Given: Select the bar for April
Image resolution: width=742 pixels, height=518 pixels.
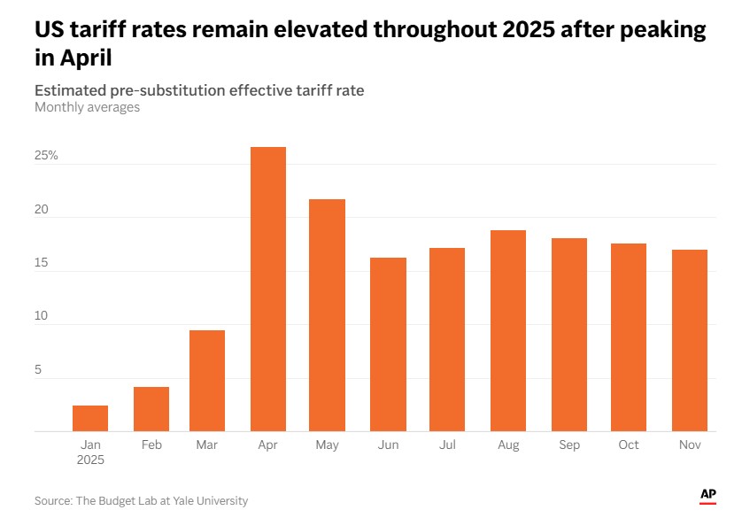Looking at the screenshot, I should coord(268,290).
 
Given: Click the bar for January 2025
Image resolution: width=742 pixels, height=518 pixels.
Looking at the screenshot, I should coord(90,418).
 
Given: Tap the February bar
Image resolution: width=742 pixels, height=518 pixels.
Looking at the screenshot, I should coord(151,409).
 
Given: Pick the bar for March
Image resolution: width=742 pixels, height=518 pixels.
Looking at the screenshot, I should coord(207,381).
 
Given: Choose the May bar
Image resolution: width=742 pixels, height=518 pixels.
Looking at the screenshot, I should coord(327,315).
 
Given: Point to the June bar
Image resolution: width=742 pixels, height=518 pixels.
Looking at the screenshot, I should coord(388,344).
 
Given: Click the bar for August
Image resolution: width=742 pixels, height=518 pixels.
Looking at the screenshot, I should coord(508,331).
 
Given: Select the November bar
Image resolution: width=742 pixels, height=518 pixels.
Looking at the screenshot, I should coord(689,341).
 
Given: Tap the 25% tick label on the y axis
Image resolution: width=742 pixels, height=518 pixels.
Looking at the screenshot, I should coord(47,156).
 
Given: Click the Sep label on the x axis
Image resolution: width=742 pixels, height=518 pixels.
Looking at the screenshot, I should coord(568,445).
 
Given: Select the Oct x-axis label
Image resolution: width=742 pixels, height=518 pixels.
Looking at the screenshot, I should coord(629,445).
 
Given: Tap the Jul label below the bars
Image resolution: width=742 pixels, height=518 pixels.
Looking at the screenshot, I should coord(447,445).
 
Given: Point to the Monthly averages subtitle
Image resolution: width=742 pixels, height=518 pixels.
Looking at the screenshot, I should coord(87,107).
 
